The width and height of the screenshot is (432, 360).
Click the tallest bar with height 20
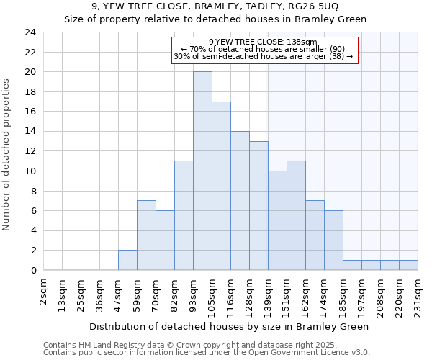(x=202, y=171)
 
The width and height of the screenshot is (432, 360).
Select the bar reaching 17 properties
(x=221, y=186)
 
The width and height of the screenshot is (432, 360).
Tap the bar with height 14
(x=240, y=201)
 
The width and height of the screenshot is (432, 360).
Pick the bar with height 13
(x=258, y=206)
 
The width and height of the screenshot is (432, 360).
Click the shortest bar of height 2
(x=127, y=260)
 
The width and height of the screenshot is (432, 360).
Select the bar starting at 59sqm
(x=146, y=235)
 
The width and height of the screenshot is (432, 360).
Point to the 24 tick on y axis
(x=30, y=32)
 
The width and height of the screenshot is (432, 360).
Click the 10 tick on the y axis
(x=30, y=171)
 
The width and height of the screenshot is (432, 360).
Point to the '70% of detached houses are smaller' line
(x=264, y=49)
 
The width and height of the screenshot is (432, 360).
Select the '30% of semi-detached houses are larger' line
(x=264, y=56)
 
